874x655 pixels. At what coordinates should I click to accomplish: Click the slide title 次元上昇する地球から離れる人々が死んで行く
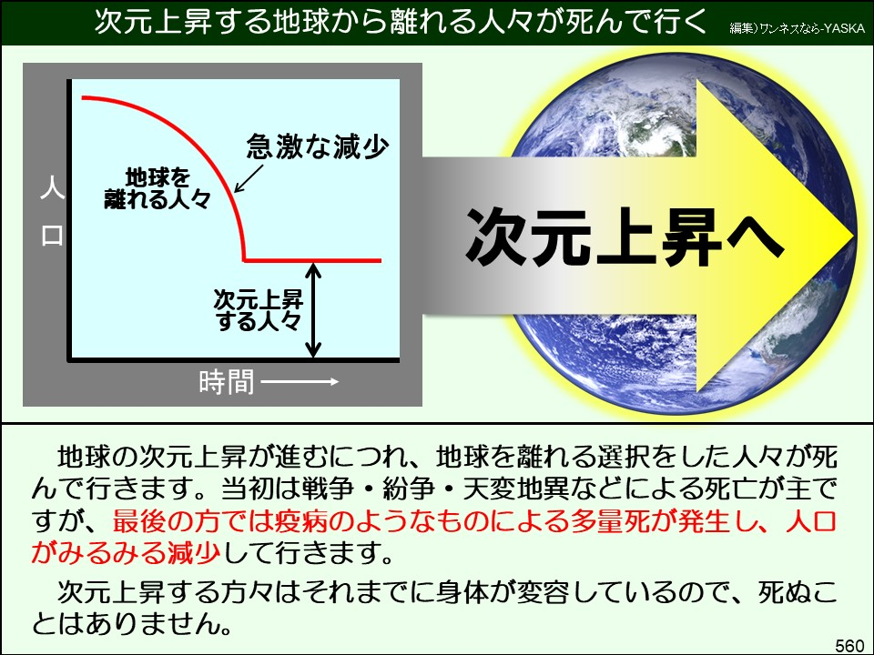point(401,23)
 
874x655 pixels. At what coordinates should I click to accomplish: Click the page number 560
point(849,645)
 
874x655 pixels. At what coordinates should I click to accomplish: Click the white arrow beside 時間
point(300,382)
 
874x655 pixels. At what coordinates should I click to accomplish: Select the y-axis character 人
point(51,192)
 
